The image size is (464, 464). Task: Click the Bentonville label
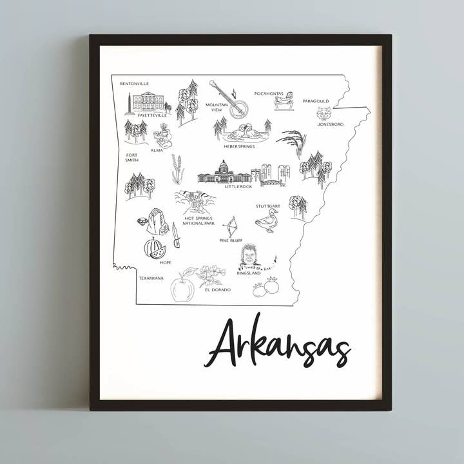tap(134, 84)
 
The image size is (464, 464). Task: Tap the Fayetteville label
tap(152, 115)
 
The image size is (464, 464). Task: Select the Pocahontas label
tap(269, 93)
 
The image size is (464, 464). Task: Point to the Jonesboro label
tap(330, 124)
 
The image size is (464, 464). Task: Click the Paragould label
tap(316, 101)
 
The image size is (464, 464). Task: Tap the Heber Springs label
tap(239, 146)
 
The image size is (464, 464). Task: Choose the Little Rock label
tap(238, 186)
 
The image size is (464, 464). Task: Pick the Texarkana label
tap(151, 278)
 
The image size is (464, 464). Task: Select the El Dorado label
tap(217, 289)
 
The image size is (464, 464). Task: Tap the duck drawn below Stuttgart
tap(266, 221)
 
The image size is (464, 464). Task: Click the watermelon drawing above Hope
tap(155, 248)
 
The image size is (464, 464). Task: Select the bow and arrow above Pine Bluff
tap(229, 226)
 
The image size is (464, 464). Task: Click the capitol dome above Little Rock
tap(224, 169)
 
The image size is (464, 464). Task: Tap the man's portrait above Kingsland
tap(249, 256)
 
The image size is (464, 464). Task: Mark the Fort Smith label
tap(131, 157)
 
